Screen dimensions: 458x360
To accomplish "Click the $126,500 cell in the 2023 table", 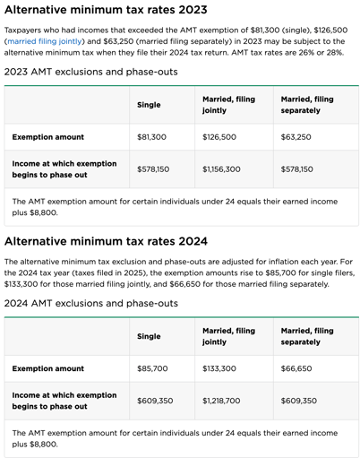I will (x=219, y=137).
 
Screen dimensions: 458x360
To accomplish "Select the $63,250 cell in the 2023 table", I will (x=297, y=137).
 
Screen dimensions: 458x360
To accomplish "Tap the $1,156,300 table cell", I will (x=221, y=169).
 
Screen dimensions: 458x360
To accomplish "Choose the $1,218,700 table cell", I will (x=221, y=401).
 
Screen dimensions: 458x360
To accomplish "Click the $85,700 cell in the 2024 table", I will (x=152, y=368).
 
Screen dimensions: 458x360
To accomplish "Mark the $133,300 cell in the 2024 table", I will (x=219, y=368).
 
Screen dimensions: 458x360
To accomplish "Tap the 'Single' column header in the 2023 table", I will (x=149, y=105).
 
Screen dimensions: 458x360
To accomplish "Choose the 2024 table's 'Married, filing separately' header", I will (x=306, y=336).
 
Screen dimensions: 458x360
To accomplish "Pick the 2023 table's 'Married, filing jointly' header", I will (x=227, y=105).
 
